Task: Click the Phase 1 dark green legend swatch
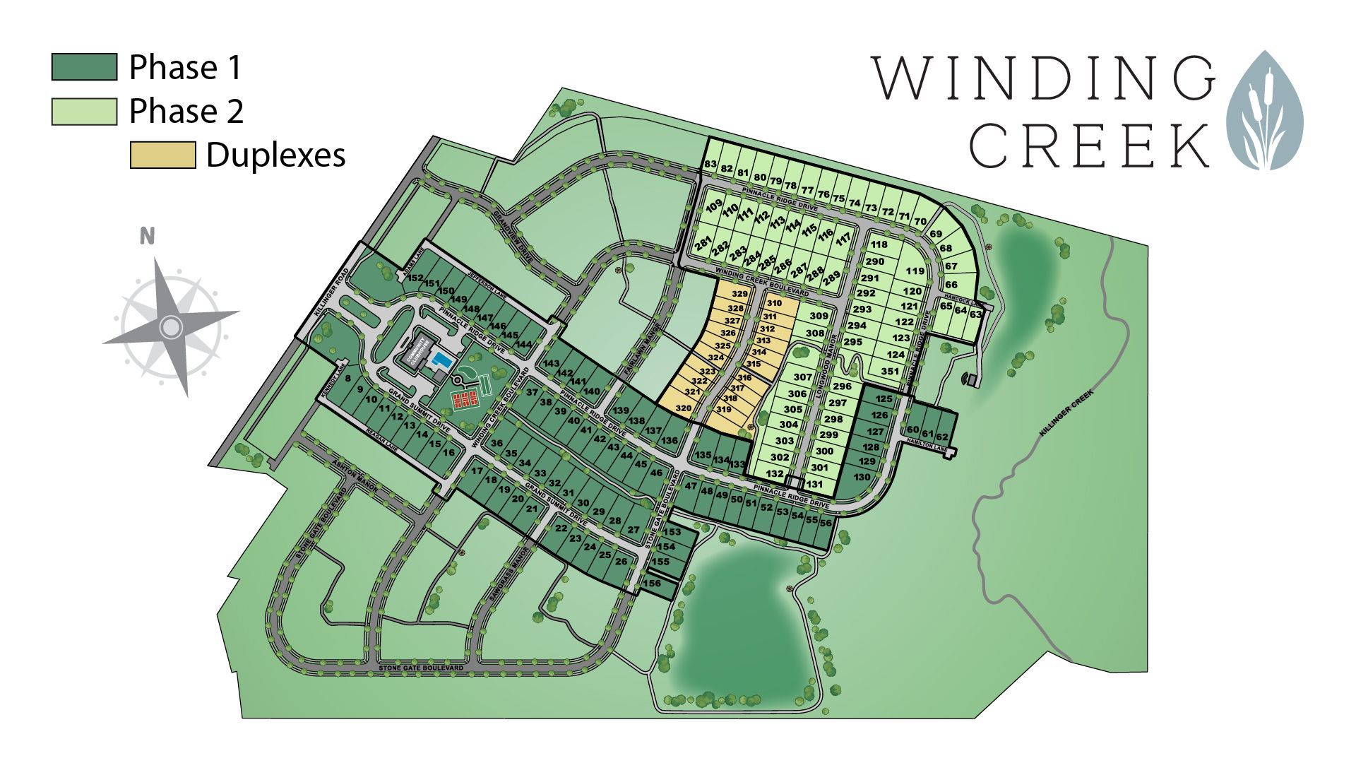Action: click(84, 67)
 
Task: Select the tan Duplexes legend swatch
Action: click(162, 155)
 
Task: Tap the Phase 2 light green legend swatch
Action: click(84, 112)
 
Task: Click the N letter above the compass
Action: click(147, 236)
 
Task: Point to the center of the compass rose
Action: click(170, 326)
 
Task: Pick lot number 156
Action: click(653, 584)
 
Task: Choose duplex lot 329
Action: click(739, 294)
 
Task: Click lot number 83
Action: click(710, 165)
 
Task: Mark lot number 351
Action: click(890, 371)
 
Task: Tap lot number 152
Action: click(415, 278)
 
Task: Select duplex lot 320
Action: click(684, 408)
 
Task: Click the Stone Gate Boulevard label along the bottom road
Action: click(421, 667)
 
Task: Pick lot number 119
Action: click(915, 271)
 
